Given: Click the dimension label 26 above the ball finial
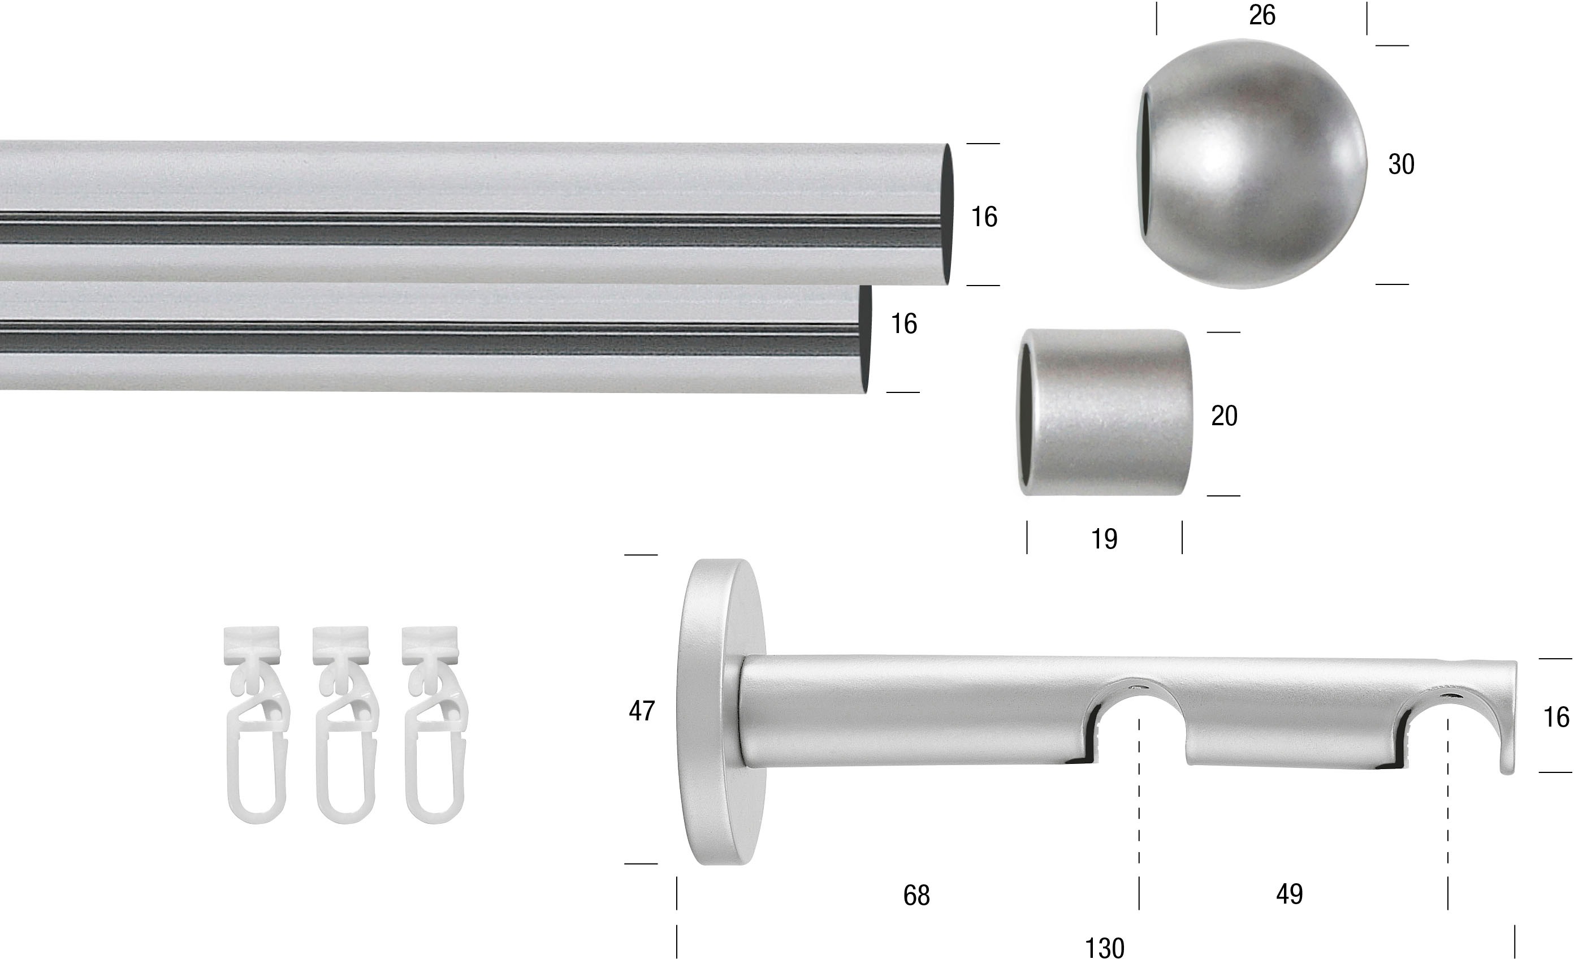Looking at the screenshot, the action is coord(1261,15).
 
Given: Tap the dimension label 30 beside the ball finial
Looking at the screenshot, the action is coord(1401,164).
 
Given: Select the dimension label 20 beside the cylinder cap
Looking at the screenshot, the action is coord(1224,416).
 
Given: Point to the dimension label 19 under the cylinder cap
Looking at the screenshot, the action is coord(1104,539).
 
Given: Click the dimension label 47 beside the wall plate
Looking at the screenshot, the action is coord(642,710).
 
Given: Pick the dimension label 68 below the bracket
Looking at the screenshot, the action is coord(916,896).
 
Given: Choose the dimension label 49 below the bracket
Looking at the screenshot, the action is coord(1289,894).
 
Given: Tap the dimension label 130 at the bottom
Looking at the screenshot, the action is coord(1105,948).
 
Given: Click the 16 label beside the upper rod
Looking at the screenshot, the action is coord(984,217).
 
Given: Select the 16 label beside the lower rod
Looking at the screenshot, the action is coord(904,324).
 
